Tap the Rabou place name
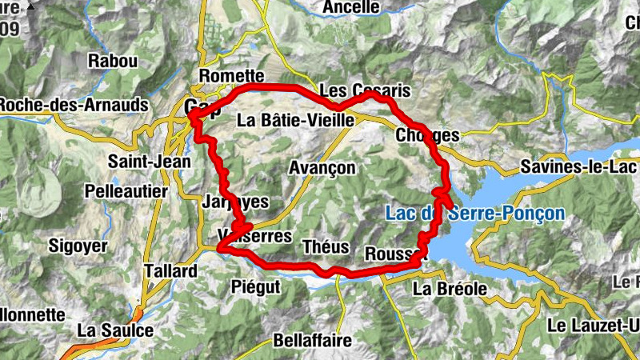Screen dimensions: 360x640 point(113,61)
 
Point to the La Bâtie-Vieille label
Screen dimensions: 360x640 point(296,121)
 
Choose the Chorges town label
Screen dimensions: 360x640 point(427,136)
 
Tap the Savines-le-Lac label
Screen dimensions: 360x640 point(578,167)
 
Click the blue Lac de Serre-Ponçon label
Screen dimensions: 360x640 point(474,214)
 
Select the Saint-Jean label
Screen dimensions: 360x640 point(150,162)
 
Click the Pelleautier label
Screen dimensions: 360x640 point(126,192)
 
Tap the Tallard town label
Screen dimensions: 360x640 point(170,271)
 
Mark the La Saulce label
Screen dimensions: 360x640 point(115,330)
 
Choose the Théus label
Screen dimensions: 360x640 point(324,247)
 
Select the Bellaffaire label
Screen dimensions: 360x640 point(312,340)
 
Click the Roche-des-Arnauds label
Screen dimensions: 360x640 point(74,105)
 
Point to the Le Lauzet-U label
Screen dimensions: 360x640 point(594,326)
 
